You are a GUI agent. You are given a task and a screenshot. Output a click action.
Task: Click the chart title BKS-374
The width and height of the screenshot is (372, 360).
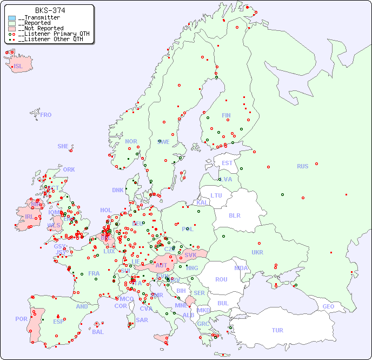50,10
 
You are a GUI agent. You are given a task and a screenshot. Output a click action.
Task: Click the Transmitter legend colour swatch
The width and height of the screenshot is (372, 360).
12,18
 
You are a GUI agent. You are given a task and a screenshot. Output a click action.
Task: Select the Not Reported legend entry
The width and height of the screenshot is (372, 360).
41,28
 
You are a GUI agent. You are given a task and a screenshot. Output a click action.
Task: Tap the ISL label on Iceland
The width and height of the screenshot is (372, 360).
18,67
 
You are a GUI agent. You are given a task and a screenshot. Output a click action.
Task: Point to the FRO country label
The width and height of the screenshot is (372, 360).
46,115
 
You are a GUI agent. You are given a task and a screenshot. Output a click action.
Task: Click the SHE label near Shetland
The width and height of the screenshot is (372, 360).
63,146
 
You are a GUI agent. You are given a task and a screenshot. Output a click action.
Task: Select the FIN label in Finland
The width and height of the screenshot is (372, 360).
226,115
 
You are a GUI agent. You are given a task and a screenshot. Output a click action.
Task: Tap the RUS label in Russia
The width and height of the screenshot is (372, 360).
302,166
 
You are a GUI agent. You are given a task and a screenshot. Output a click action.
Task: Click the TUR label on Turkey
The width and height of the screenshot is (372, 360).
277,330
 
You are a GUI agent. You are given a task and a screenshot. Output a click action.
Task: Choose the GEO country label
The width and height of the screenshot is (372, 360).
328,306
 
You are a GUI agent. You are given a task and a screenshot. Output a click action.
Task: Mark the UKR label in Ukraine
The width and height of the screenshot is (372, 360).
257,252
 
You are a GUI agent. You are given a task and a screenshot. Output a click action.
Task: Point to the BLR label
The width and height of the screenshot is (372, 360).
234,215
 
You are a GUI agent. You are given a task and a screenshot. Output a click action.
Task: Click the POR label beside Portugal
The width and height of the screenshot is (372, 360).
21,319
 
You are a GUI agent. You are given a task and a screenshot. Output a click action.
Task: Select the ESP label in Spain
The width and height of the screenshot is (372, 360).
58,322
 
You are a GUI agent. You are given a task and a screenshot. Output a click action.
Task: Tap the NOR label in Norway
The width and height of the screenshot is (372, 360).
131,141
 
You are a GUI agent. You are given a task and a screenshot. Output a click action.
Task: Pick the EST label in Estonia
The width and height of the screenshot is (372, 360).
227,163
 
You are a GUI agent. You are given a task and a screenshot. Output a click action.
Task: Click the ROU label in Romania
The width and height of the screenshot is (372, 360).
221,279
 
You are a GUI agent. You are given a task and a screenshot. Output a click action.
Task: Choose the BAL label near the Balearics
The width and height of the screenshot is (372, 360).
98,332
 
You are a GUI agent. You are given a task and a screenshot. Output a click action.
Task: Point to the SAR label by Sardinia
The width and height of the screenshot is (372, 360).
142,320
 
